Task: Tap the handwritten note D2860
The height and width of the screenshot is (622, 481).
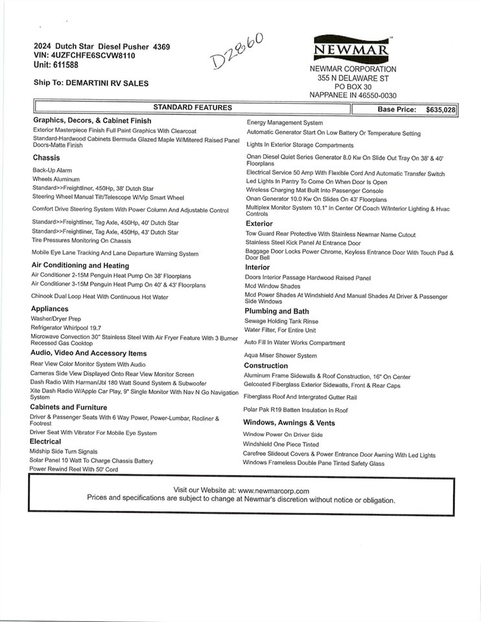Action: click(x=237, y=51)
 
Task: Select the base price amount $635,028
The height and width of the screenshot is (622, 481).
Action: click(x=441, y=110)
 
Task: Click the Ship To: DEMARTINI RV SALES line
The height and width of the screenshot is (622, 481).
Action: click(x=91, y=83)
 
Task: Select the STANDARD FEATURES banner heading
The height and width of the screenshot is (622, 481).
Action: click(x=192, y=108)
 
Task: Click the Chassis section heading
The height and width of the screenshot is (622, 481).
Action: click(x=46, y=157)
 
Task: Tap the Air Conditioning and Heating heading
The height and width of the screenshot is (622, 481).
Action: click(x=80, y=265)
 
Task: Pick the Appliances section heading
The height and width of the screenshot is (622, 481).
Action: click(x=49, y=309)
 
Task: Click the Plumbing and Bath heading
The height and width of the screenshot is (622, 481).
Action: click(x=277, y=311)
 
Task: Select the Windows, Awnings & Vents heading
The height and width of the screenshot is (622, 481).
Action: click(x=288, y=423)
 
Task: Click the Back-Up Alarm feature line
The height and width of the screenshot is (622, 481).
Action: click(x=52, y=170)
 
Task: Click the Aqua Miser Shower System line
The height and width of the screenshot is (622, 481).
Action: click(x=280, y=356)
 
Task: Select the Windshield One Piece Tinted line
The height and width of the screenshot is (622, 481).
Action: click(x=281, y=444)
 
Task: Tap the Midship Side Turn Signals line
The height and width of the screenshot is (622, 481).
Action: click(x=64, y=451)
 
